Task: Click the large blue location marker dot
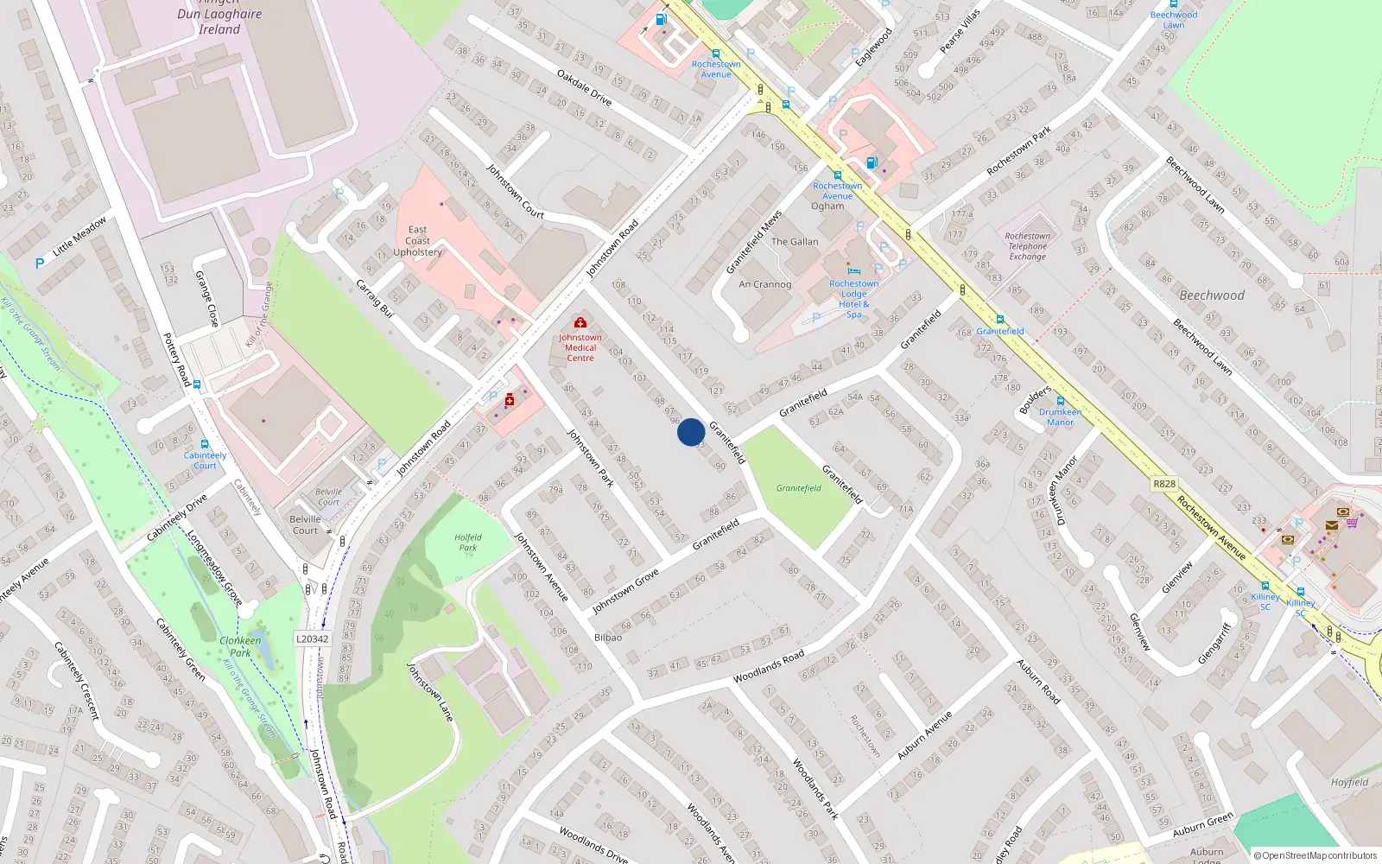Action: (x=690, y=432)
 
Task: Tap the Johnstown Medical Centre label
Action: (x=580, y=347)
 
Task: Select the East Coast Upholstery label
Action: (x=417, y=241)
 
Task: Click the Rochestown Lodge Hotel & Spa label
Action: (x=853, y=299)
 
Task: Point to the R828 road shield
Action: (x=1164, y=484)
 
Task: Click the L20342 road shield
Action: (x=312, y=639)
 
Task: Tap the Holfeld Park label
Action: (x=467, y=542)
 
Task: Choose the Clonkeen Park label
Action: (x=240, y=646)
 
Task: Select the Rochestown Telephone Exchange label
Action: (x=1028, y=246)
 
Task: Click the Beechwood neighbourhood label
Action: (x=1212, y=295)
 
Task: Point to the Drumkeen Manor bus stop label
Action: (x=1060, y=417)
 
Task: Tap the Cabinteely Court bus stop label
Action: (x=205, y=461)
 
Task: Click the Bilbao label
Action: (x=607, y=638)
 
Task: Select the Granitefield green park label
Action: (x=798, y=488)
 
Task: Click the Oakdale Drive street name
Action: (x=584, y=87)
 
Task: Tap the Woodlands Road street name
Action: (x=768, y=666)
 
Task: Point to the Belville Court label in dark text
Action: (x=305, y=524)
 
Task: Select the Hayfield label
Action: (x=1349, y=783)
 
